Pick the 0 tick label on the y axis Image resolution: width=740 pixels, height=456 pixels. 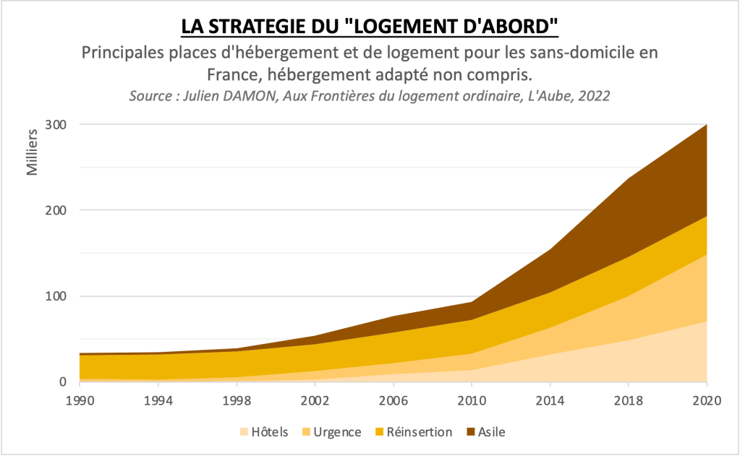tap(63, 382)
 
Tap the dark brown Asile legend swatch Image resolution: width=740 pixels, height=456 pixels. tap(472, 432)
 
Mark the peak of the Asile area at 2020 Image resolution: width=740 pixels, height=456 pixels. tap(706, 125)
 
